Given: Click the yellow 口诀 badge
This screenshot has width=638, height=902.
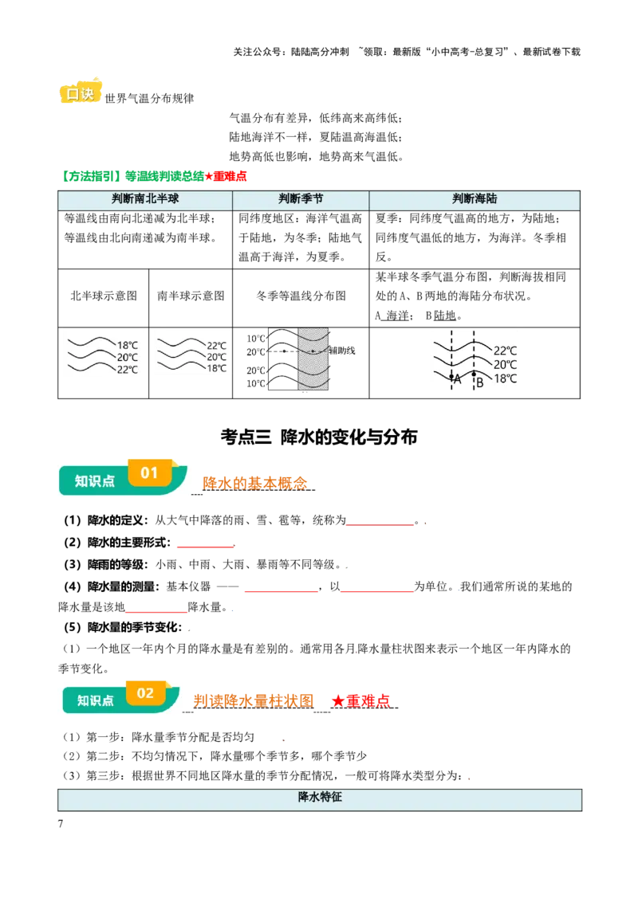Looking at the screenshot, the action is [81, 92].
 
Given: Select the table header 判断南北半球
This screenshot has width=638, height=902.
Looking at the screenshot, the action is [145, 199].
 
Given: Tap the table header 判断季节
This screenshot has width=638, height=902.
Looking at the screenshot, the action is [301, 199].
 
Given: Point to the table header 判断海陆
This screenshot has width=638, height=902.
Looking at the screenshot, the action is [475, 199].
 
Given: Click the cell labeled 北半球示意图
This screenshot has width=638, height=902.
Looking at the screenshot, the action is [104, 296].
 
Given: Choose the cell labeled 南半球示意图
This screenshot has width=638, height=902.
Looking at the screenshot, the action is [191, 296].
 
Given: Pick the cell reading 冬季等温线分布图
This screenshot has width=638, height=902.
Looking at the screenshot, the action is [301, 296].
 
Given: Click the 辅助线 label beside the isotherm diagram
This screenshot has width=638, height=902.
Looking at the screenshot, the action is [342, 351].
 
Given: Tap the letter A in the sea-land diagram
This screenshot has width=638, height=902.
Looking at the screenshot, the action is [458, 379].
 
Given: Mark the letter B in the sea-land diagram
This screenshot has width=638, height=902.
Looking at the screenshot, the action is [479, 382].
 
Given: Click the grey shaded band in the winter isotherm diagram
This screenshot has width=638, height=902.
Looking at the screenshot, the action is [313, 359].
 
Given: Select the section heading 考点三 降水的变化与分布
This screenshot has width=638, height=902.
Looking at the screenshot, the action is [319, 437].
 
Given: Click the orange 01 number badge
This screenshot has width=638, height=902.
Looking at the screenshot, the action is [150, 473].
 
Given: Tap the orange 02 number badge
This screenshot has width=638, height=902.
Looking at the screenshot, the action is [146, 694].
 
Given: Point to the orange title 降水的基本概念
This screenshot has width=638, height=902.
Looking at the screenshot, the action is [254, 483].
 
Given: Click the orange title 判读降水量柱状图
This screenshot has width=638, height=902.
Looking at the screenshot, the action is [254, 700].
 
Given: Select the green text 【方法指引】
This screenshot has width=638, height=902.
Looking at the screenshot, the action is [91, 177].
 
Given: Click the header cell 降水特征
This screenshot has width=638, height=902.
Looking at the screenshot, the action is [320, 798].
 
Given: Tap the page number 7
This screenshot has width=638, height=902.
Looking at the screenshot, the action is [61, 824].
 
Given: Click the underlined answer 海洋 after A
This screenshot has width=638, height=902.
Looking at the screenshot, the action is [397, 316].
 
